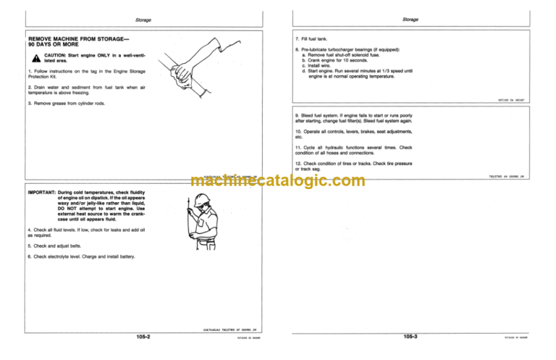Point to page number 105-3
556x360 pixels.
[x=414, y=336]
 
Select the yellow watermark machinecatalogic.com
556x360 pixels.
[x=279, y=182]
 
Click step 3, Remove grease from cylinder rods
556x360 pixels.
[x=67, y=103]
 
